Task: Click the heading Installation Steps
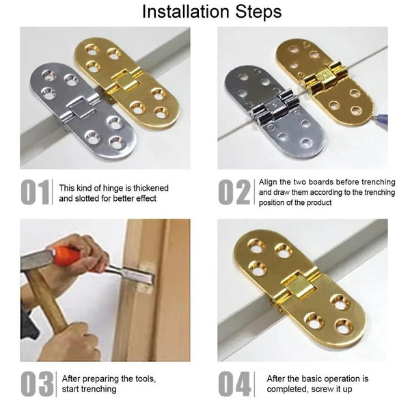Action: (x=205, y=12)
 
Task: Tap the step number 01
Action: (x=35, y=193)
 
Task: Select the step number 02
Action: (x=234, y=193)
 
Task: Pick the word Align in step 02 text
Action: (x=271, y=182)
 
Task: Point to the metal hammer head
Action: (x=34, y=263)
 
